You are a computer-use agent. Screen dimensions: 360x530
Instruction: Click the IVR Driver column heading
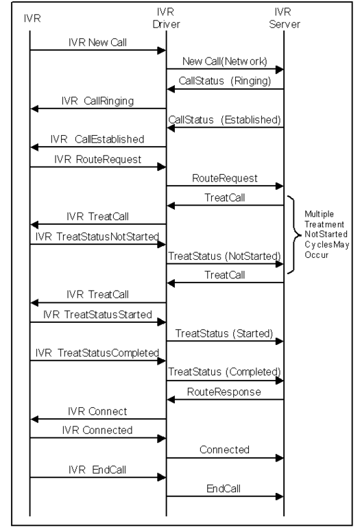coord(166,19)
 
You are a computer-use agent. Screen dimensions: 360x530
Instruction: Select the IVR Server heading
coord(284,19)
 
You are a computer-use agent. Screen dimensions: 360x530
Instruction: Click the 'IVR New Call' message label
coord(97,43)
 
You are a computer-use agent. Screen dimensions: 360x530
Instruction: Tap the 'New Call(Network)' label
coord(224,62)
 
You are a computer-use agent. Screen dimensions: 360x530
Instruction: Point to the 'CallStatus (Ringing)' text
coord(225,81)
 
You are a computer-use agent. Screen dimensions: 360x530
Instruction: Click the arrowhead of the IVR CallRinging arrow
coord(34,108)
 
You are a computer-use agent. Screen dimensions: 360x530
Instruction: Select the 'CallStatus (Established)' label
coord(224,120)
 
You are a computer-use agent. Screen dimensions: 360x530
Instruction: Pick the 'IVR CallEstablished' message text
coord(97,139)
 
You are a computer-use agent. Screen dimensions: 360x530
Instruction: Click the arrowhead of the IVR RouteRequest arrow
coord(162,167)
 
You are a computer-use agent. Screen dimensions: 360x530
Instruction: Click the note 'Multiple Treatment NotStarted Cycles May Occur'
coord(326,234)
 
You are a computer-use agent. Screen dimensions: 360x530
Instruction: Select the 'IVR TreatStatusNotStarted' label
coord(97,237)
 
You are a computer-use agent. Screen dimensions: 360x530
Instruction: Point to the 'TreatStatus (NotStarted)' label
coord(224,256)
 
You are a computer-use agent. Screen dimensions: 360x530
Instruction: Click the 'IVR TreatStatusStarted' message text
coord(97,315)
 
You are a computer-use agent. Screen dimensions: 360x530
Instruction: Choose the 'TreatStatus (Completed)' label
coord(224,372)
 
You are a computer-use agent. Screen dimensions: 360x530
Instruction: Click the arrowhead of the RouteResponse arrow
coord(171,400)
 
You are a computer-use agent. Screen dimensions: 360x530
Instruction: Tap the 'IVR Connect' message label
coord(97,411)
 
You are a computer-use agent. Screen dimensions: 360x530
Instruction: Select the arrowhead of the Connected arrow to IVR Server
coord(279,458)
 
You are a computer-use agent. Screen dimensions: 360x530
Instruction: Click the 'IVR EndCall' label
coord(97,470)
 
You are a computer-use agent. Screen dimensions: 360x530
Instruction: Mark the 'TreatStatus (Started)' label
coord(224,334)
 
